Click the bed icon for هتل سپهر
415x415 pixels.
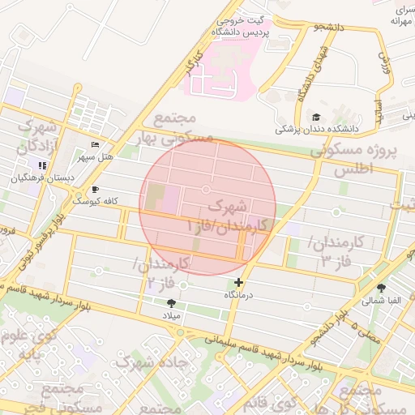pos(95,144)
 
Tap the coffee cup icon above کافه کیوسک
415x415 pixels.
pos(95,190)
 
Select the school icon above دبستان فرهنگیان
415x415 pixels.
pos(41,165)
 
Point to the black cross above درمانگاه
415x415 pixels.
pos(238,283)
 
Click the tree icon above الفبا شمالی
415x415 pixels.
pos(381,288)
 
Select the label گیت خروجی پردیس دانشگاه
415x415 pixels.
pos(240,27)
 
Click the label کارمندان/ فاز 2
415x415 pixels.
pos(162,272)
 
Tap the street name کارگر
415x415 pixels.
pos(192,64)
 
